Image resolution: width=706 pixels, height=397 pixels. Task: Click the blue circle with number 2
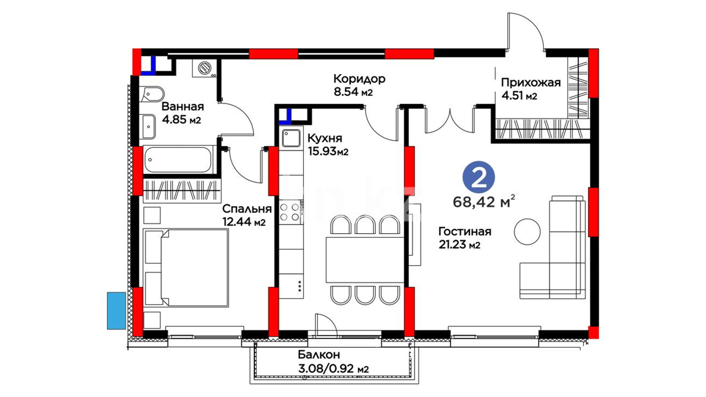tap(478, 177)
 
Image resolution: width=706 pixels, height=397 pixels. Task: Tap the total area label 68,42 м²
tap(484, 201)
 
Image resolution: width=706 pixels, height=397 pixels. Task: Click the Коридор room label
tap(359, 79)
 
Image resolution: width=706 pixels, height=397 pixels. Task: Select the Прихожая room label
tap(531, 83)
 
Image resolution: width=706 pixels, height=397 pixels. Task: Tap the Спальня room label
tap(247, 209)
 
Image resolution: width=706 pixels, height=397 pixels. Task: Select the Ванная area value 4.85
tap(175, 119)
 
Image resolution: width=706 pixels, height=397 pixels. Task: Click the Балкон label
tap(319, 355)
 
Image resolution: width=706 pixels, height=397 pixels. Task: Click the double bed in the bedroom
tap(186, 268)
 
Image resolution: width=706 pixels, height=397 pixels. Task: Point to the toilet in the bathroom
tap(151, 94)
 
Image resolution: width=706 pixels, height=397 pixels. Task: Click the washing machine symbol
tap(204, 68)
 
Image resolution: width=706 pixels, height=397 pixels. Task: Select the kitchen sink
tap(291, 138)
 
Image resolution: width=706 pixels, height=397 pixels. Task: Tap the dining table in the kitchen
tap(365, 260)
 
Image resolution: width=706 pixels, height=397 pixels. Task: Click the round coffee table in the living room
tap(527, 232)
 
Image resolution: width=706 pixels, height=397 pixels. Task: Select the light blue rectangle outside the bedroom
tap(117, 311)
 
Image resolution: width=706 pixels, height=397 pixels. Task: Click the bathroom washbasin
tap(148, 127)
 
